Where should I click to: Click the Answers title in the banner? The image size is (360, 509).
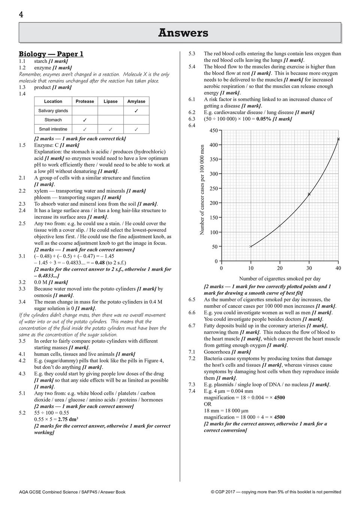pos(183,33)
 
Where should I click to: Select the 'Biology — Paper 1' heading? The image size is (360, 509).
pos(51,54)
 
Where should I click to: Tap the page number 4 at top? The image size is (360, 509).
pos(21,15)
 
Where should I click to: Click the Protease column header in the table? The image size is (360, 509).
pos(85,101)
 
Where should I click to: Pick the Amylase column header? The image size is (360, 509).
pos(136,101)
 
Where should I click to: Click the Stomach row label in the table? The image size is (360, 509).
pos(53,120)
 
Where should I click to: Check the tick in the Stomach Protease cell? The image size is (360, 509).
pos(85,120)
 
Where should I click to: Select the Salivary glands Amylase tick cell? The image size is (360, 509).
pos(136,111)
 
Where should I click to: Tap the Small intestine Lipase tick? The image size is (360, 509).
pos(111,129)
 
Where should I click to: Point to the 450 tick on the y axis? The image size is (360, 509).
pos(214,131)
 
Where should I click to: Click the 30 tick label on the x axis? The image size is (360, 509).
pos(309,268)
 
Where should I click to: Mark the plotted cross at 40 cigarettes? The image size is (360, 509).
pos(338,139)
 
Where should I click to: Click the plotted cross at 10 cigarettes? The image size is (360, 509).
pos(251,246)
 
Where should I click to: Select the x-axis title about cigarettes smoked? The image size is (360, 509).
pos(280,278)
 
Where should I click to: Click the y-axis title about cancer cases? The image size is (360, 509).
pos(202,190)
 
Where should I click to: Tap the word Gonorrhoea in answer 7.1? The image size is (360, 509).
pos(217,352)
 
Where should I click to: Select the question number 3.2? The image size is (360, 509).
pos(22,282)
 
